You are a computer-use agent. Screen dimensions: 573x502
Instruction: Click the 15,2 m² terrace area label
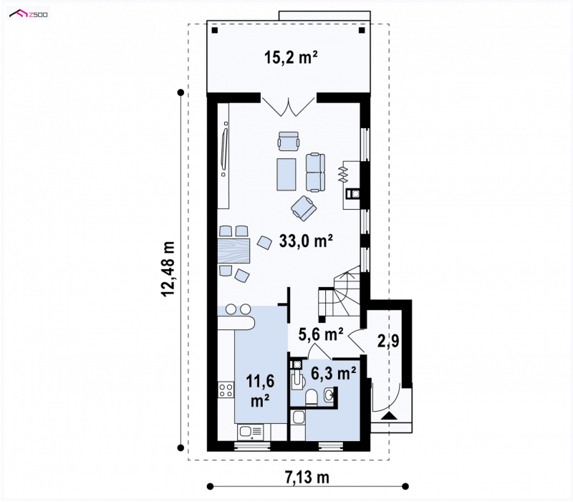tap(291, 58)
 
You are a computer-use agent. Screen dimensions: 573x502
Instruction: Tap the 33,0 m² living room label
tap(306, 241)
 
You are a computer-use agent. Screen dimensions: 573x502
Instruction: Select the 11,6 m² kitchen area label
tap(260, 390)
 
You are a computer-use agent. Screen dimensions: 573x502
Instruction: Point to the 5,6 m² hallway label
tap(321, 334)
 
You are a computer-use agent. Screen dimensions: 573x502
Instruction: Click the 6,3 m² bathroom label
tap(334, 373)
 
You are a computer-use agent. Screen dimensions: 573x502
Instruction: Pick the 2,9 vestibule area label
tap(388, 341)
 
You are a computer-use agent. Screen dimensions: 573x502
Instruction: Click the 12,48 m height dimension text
tap(168, 269)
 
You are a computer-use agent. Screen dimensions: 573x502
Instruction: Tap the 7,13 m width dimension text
tap(307, 477)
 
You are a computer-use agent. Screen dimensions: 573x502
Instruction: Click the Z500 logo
tap(29, 14)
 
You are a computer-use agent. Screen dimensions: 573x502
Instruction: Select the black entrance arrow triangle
tap(389, 416)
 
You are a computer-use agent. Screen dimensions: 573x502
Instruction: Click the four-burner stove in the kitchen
tap(226, 389)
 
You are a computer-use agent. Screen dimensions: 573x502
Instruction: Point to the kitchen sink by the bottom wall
tap(250, 433)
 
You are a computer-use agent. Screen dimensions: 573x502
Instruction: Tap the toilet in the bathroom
tap(312, 397)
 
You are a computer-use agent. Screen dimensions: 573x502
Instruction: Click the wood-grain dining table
tap(234, 250)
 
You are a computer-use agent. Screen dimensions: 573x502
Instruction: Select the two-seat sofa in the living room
tap(315, 173)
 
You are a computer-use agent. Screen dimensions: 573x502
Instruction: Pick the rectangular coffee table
tap(286, 174)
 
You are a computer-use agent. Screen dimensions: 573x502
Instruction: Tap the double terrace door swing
tap(289, 106)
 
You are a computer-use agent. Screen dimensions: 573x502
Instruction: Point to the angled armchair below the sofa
tap(304, 208)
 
